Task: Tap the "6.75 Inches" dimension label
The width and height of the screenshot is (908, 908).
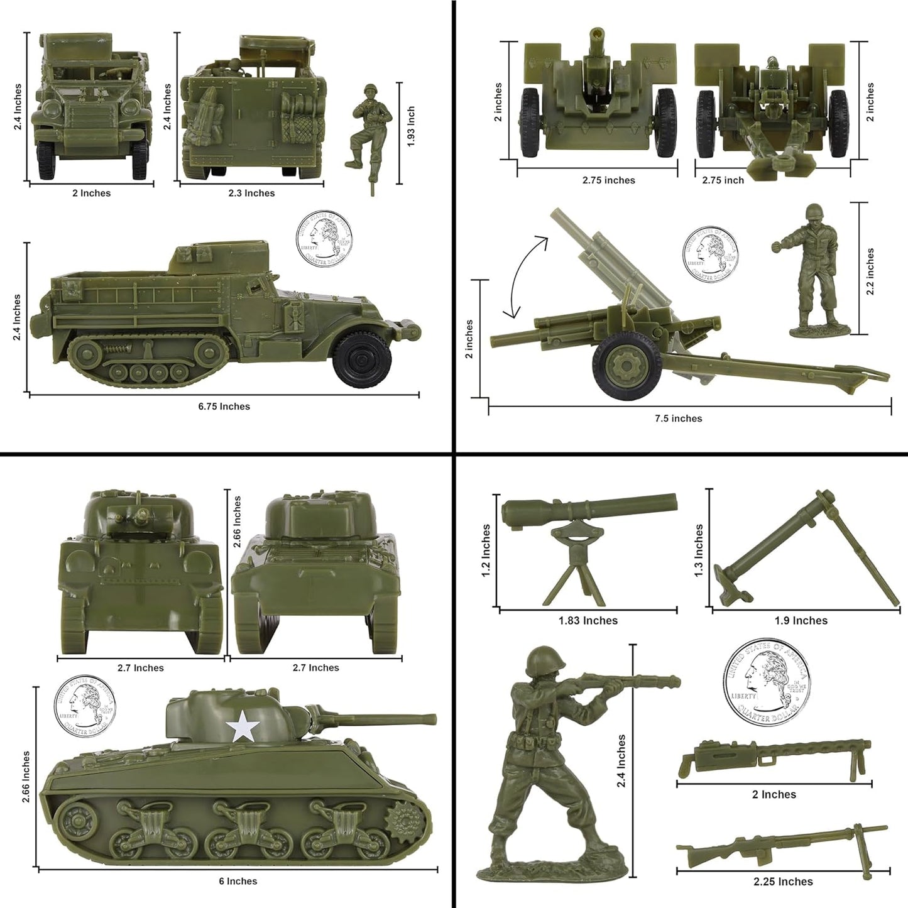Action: (x=224, y=407)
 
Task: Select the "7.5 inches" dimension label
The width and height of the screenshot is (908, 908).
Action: (x=678, y=418)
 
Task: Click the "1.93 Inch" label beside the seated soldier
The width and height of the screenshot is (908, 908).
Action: (x=411, y=126)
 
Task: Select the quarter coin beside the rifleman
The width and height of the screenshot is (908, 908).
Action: (x=767, y=681)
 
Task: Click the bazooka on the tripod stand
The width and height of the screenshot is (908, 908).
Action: (x=589, y=547)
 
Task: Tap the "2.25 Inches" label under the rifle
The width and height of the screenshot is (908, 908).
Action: (x=783, y=882)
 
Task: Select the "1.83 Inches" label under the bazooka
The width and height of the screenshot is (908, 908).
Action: (x=588, y=621)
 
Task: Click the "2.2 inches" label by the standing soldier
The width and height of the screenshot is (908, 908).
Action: (x=870, y=272)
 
